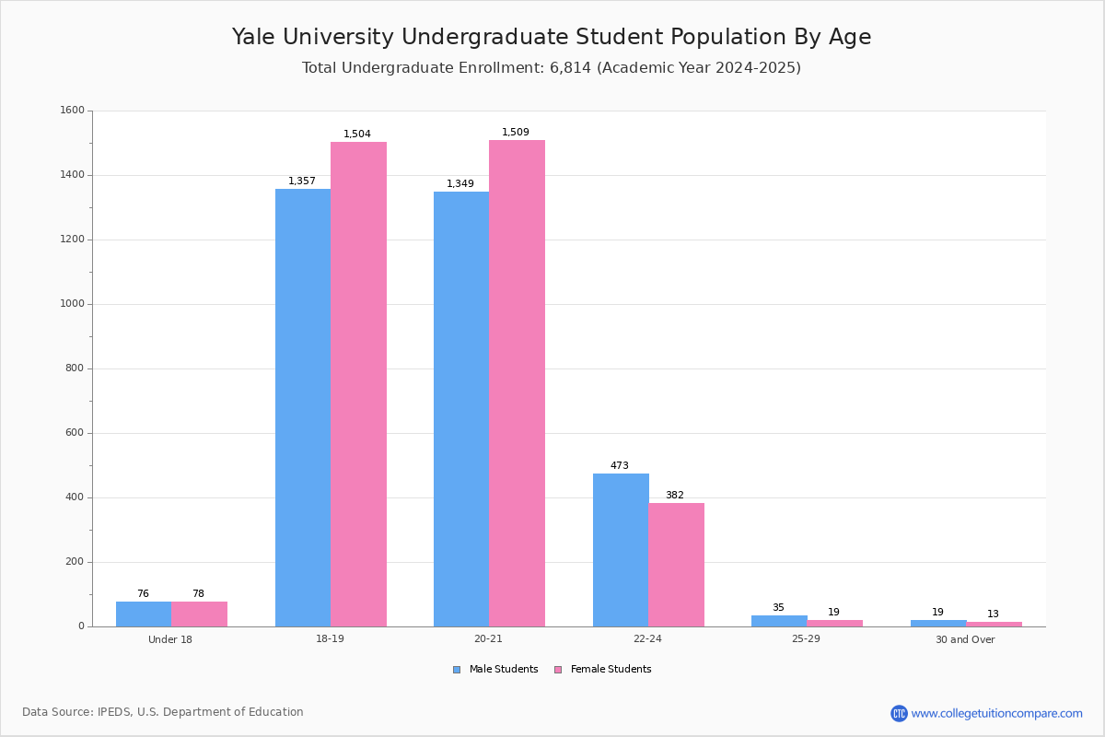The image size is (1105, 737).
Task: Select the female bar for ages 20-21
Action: (517, 383)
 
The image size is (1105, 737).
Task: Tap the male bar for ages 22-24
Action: (621, 550)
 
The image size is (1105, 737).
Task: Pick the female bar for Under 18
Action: (199, 614)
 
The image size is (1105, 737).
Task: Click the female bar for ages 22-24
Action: (676, 565)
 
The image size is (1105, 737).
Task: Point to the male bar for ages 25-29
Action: (779, 621)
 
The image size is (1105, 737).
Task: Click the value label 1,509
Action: (516, 133)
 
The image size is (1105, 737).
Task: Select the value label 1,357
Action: (302, 181)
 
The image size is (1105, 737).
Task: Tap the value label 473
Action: (620, 466)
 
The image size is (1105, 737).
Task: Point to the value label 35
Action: (778, 608)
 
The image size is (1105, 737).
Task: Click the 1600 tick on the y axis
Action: (72, 111)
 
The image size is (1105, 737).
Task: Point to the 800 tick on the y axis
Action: (75, 368)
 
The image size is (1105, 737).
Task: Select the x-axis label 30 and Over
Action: (965, 639)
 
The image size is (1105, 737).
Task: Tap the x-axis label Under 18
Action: (170, 639)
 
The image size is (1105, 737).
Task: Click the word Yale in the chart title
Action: (255, 37)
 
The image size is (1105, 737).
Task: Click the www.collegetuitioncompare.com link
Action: (996, 713)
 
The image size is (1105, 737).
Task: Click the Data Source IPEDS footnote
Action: (163, 712)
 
